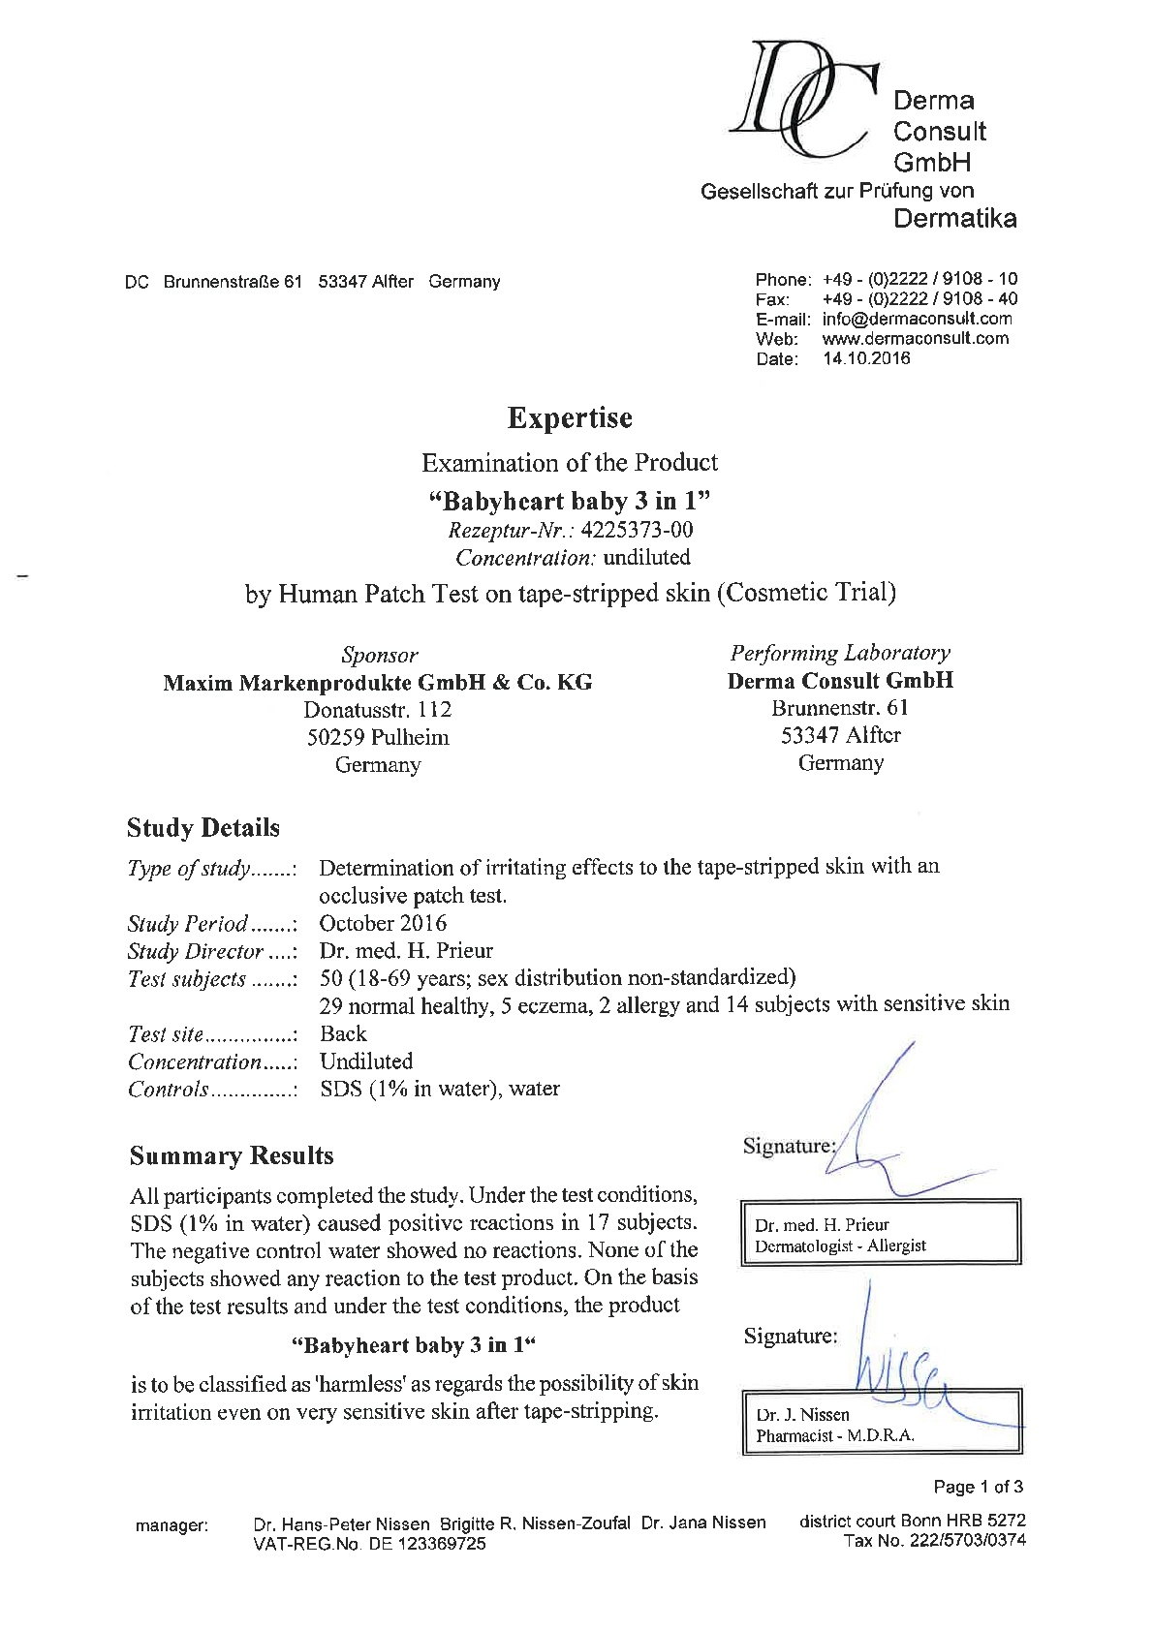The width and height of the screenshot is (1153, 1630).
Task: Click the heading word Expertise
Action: pos(570,418)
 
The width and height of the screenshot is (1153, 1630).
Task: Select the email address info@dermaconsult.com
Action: pos(917,319)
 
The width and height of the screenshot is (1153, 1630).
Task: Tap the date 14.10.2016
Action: pos(866,358)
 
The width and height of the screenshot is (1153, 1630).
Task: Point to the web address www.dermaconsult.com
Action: pos(915,338)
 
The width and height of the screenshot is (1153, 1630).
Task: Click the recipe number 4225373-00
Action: pos(637,530)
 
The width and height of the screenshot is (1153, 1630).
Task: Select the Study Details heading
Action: pos(203,828)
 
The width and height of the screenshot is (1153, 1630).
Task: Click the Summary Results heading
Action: pos(232,1155)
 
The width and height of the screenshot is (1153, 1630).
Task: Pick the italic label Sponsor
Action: pos(380,655)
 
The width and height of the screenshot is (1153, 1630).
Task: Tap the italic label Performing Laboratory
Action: pos(840,653)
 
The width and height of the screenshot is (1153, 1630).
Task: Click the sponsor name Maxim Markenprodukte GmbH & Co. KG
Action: pos(378,683)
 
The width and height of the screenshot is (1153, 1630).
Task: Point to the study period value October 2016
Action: pos(383,923)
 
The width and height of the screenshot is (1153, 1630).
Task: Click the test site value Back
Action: pos(343,1033)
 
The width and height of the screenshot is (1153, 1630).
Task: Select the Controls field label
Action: pos(169,1090)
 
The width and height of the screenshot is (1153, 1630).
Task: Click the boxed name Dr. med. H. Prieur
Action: pos(822,1224)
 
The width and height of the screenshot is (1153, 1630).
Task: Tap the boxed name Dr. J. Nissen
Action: pos(802,1415)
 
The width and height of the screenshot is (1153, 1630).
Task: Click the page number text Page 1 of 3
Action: pos(978,1487)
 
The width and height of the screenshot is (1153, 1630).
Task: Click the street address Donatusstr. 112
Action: pos(378,710)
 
